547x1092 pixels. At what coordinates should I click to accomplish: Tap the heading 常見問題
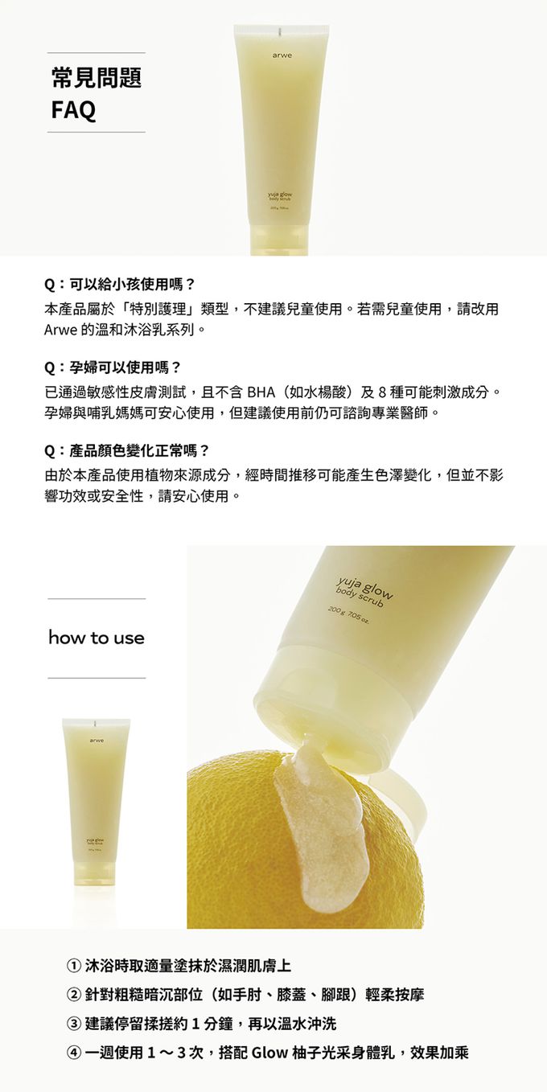point(97,77)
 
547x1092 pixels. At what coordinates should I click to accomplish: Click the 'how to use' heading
point(97,638)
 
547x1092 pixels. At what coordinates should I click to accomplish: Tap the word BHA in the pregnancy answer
point(261,392)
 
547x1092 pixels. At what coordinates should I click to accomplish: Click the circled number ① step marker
point(74,965)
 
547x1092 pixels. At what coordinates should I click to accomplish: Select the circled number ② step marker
point(74,994)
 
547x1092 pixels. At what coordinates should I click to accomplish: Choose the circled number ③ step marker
point(74,1024)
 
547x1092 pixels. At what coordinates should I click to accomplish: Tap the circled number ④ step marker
point(74,1053)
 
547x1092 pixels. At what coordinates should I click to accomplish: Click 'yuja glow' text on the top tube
point(281,195)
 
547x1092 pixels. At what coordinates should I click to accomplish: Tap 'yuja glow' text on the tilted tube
point(364,588)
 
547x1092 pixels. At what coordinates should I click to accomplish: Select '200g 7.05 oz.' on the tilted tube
point(348,616)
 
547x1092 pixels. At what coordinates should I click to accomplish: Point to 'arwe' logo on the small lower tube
point(97,741)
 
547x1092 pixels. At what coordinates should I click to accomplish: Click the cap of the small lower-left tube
point(97,871)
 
